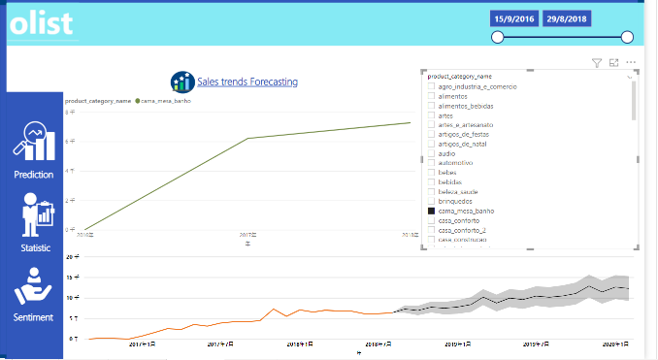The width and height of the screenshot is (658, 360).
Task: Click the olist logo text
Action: tap(41, 23)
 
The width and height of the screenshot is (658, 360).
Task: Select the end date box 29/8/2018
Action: tap(565, 18)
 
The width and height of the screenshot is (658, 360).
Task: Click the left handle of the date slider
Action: tap(498, 37)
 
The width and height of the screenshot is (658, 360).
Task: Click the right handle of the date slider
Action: tap(627, 37)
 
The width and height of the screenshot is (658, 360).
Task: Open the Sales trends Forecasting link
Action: tap(247, 82)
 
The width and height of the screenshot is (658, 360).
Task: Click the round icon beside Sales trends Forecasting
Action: tap(181, 82)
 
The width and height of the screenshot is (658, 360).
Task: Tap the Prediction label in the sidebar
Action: tap(34, 175)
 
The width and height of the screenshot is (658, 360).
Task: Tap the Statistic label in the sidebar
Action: tap(35, 248)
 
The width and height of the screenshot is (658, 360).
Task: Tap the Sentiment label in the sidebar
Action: tap(34, 317)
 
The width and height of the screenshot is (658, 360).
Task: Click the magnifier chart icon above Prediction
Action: tap(34, 142)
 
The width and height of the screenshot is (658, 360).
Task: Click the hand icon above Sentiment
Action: tap(33, 287)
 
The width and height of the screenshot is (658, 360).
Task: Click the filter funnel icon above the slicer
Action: tap(597, 62)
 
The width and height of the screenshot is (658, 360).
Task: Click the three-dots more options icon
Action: tap(631, 62)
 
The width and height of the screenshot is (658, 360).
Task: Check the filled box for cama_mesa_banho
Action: tap(432, 210)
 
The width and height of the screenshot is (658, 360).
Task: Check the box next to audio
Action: tap(432, 153)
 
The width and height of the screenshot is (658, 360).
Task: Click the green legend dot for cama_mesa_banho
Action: tap(138, 101)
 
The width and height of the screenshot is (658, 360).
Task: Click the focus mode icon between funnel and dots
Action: tap(613, 62)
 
